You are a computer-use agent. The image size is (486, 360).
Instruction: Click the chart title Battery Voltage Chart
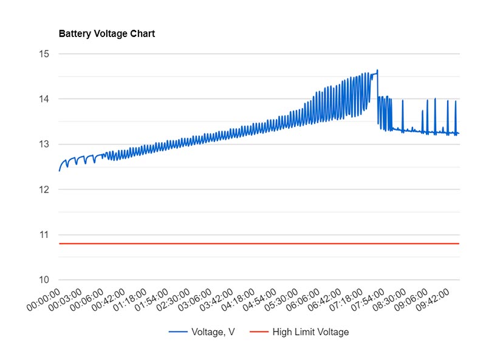coord(106,34)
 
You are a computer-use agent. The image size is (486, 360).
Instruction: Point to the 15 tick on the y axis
coord(44,54)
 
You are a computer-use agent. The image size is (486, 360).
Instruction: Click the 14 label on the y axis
coord(44,99)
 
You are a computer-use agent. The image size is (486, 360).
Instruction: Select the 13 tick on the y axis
coord(44,144)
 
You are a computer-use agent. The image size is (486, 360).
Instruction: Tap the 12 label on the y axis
coord(44,189)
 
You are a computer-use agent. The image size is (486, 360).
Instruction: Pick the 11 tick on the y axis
coord(44,235)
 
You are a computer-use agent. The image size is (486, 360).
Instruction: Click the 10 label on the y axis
coord(44,280)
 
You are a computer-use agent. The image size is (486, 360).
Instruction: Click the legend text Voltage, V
coord(213,332)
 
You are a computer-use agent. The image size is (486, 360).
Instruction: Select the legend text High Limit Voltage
coord(310,332)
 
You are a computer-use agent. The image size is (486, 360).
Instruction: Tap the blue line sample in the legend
coord(177,332)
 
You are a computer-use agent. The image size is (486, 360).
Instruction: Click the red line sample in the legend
coord(259,332)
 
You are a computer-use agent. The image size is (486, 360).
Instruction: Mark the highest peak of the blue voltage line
coord(377,70)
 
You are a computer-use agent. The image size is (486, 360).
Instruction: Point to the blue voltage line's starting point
coord(59,171)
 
